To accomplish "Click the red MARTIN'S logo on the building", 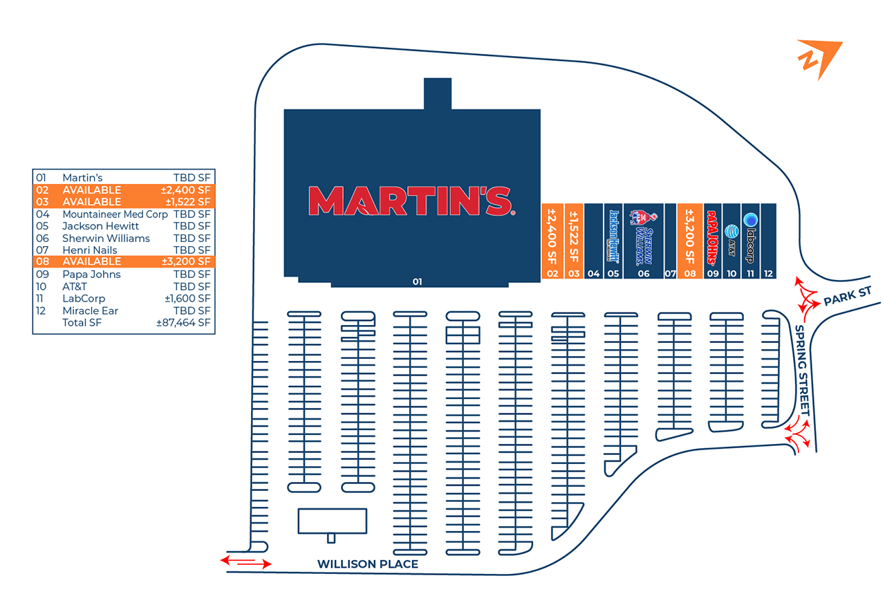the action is [x=411, y=201].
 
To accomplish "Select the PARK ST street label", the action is [x=848, y=297].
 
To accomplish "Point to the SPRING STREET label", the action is [x=802, y=371].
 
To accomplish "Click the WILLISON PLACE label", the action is [x=368, y=564].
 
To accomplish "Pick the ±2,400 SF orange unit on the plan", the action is [x=552, y=241].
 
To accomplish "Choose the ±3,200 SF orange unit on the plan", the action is [x=690, y=241].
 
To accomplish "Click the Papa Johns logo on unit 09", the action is [x=712, y=238].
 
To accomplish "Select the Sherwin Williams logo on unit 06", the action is [x=644, y=237].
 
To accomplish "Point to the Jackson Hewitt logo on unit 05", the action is [x=613, y=236].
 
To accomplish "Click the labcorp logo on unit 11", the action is [x=750, y=238].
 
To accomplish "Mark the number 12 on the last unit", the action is [x=768, y=273].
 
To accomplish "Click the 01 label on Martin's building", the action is [x=417, y=281].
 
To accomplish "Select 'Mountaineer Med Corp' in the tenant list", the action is [x=115, y=214].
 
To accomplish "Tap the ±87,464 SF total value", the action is [x=183, y=322].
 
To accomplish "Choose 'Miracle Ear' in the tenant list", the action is [x=90, y=310].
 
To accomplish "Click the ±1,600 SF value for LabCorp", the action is [x=187, y=299].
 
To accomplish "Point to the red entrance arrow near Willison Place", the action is [x=246, y=562].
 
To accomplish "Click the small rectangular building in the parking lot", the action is [x=333, y=521].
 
